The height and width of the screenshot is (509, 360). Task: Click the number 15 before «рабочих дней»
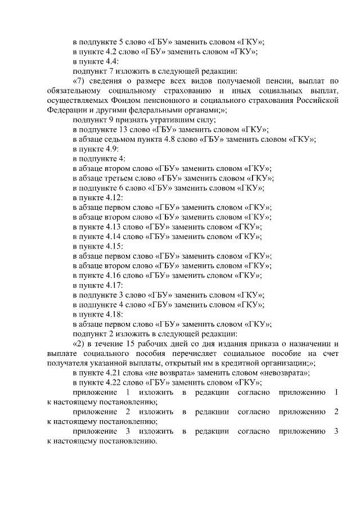[130, 343]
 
